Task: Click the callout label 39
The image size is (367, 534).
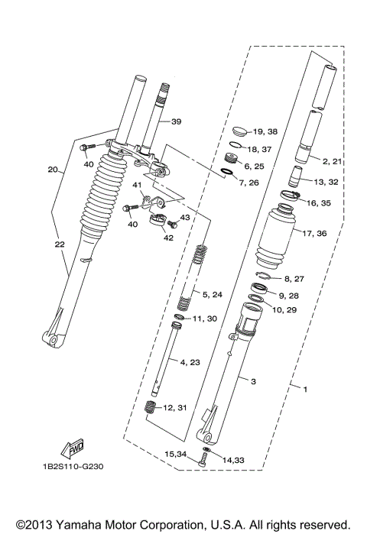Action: [176, 122]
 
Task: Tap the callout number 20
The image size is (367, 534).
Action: [53, 170]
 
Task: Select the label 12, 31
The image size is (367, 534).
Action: [175, 409]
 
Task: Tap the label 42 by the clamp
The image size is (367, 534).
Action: [167, 238]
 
